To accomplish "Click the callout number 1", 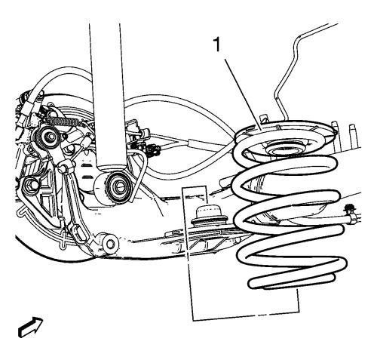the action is pyautogui.click(x=216, y=45).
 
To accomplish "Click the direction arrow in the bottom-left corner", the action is pyautogui.click(x=31, y=328).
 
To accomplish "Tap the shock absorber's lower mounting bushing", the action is pyautogui.click(x=118, y=185).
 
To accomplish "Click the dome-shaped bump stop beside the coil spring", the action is pyautogui.click(x=206, y=213).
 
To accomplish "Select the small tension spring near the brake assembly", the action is pyautogui.click(x=64, y=121).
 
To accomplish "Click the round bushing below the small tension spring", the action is pyautogui.click(x=48, y=137).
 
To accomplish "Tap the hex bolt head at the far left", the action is pyautogui.click(x=29, y=186).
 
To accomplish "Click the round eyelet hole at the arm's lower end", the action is pyautogui.click(x=110, y=243).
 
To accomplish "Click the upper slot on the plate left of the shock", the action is pyautogui.click(x=86, y=165).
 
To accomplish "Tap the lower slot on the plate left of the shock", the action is pyautogui.click(x=86, y=175).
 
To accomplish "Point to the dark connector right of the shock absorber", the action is pyautogui.click(x=152, y=150).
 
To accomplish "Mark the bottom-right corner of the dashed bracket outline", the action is pyautogui.click(x=299, y=312).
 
